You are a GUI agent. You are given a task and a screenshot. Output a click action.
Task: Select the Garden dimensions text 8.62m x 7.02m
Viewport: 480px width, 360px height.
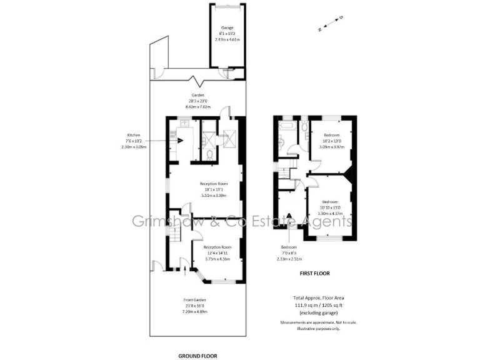(198, 107)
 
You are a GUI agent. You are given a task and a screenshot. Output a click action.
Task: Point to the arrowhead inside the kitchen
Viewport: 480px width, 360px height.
(180, 140)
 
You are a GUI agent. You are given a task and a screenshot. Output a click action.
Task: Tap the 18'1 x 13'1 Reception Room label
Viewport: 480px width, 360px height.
(214, 189)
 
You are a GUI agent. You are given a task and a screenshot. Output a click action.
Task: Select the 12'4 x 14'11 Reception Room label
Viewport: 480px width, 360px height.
(217, 252)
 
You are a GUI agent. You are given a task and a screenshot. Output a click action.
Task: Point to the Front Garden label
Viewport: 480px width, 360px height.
(194, 300)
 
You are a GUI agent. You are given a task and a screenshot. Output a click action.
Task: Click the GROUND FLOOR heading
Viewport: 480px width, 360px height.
(197, 356)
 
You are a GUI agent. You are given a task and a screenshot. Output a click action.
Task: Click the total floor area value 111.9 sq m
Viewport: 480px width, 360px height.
(300, 304)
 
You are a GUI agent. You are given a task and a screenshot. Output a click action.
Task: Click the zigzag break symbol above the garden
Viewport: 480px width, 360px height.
(198, 80)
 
